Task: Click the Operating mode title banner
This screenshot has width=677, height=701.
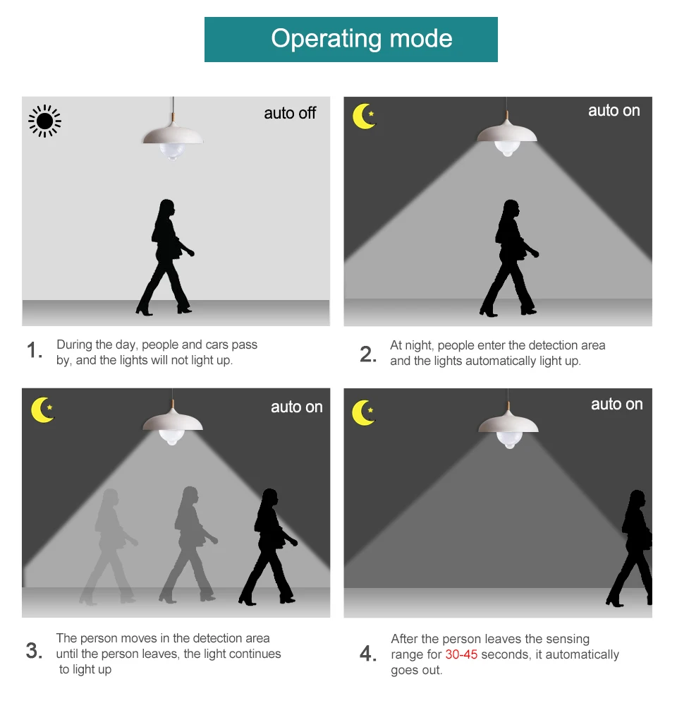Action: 351,40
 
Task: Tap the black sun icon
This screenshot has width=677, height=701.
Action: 44,121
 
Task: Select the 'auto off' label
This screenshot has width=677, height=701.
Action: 290,113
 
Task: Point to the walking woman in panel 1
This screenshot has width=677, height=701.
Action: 165,258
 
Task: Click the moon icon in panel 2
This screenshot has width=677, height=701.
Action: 364,116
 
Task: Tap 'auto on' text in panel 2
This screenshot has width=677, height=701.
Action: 614,110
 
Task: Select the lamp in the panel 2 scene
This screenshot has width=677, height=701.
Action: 507,134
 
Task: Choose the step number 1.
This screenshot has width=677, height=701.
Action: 35,350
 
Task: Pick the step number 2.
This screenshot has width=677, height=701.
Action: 368,354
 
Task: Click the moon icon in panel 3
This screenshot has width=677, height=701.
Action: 42,409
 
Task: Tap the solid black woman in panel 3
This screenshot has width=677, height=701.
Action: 268,547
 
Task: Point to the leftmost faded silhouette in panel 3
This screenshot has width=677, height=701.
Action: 109,547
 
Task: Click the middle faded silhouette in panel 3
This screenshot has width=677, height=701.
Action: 188,545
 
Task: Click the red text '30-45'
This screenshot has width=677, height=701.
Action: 461,654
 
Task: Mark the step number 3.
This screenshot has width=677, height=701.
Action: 34,650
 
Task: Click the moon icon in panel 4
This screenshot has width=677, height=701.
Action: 363,412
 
